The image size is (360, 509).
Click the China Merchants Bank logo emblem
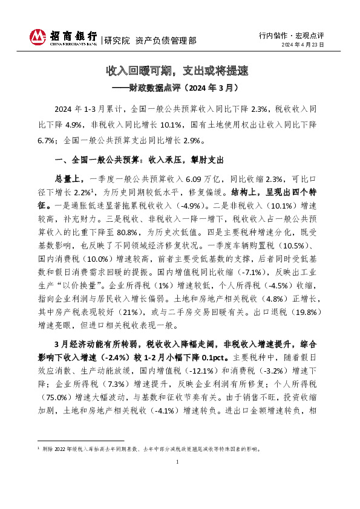[x=39, y=37]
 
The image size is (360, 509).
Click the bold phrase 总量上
[x=65, y=179]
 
